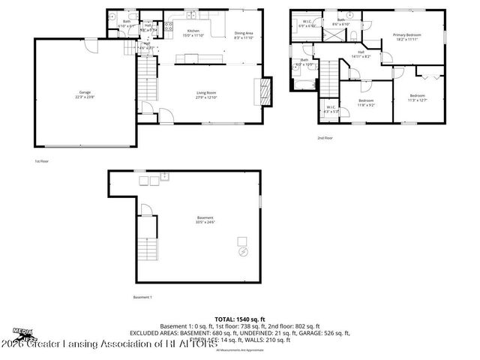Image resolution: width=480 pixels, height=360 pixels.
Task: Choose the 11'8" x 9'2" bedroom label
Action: (366, 102)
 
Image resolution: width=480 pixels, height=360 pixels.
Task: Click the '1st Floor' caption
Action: (43, 160)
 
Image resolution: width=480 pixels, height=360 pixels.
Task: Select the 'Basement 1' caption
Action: (142, 298)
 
